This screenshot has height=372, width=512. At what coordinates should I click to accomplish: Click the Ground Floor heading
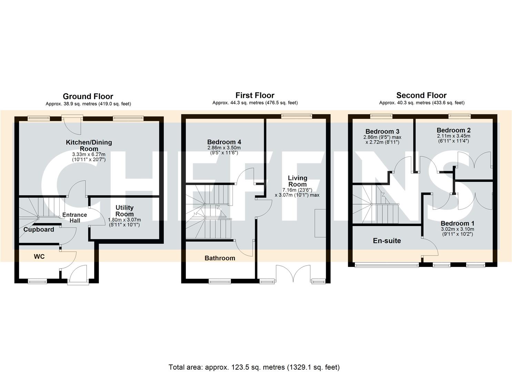click(88, 96)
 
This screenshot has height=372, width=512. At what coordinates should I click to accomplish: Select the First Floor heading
click(255, 95)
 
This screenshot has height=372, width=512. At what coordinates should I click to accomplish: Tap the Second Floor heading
click(421, 95)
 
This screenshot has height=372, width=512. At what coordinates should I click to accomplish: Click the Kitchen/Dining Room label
click(89, 145)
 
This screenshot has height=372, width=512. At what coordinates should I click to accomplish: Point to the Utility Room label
click(124, 211)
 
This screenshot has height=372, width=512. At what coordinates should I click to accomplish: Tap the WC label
click(39, 257)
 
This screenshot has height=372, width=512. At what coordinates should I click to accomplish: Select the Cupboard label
click(39, 230)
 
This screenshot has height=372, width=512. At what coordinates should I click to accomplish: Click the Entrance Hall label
click(74, 217)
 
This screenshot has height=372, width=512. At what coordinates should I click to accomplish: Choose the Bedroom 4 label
click(224, 142)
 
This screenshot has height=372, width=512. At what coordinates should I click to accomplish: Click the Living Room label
click(297, 181)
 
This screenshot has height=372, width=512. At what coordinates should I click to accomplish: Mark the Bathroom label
click(220, 258)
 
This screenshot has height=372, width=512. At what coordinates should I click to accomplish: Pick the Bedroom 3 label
click(382, 132)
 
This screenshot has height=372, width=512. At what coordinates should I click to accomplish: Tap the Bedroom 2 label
click(453, 130)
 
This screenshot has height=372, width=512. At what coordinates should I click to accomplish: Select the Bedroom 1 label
click(457, 224)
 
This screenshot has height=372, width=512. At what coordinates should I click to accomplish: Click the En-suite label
click(387, 241)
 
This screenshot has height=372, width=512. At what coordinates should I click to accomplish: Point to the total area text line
click(254, 367)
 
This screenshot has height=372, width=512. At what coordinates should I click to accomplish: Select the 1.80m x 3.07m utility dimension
click(124, 220)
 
